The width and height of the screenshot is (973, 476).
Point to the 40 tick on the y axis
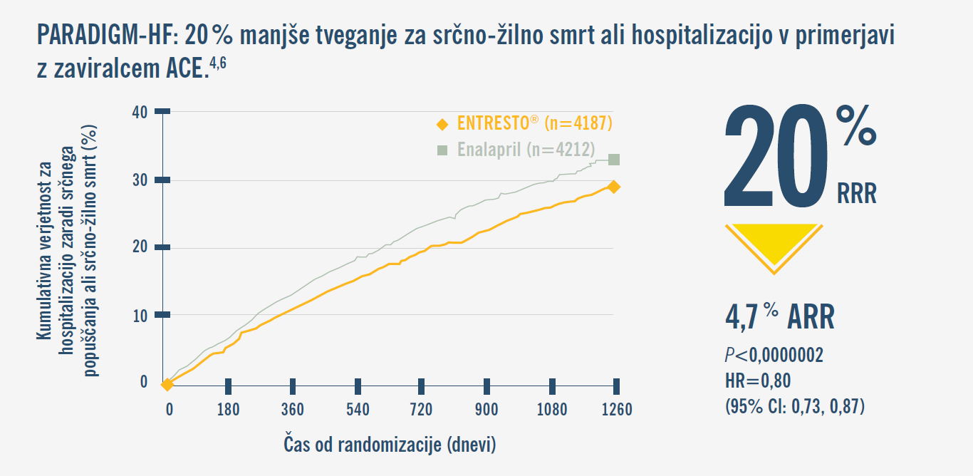[x=140, y=112]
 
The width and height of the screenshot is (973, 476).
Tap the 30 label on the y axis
[x=140, y=180]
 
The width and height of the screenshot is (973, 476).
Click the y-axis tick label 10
[x=140, y=315]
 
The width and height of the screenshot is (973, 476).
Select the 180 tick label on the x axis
[x=228, y=409]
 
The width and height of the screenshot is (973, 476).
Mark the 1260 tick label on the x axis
[x=615, y=409]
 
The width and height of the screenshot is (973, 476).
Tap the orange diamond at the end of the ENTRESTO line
[x=613, y=187]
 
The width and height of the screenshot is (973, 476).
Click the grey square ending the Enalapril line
[x=613, y=160]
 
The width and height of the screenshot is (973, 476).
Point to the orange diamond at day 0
[x=167, y=385]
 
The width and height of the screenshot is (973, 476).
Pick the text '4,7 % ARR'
[x=779, y=318]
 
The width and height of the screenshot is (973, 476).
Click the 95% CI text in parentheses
[x=794, y=407]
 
